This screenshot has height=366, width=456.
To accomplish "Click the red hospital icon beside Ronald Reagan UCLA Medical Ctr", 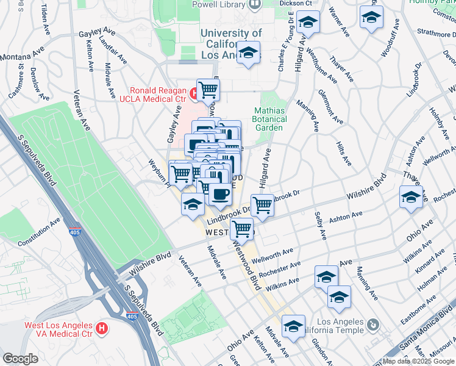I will pyautogui.click(x=193, y=93).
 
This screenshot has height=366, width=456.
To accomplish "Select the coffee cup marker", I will pyautogui.click(x=220, y=195).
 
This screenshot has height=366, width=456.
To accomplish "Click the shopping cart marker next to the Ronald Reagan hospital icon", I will pyautogui.click(x=208, y=90).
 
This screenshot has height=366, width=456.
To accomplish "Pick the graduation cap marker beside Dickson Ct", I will pyautogui.click(x=308, y=23).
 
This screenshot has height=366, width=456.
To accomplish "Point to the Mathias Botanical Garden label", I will pyautogui.click(x=269, y=119).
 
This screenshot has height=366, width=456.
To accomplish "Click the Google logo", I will pyautogui.click(x=20, y=359).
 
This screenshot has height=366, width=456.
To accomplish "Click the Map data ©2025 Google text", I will pyautogui.click(x=417, y=361).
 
